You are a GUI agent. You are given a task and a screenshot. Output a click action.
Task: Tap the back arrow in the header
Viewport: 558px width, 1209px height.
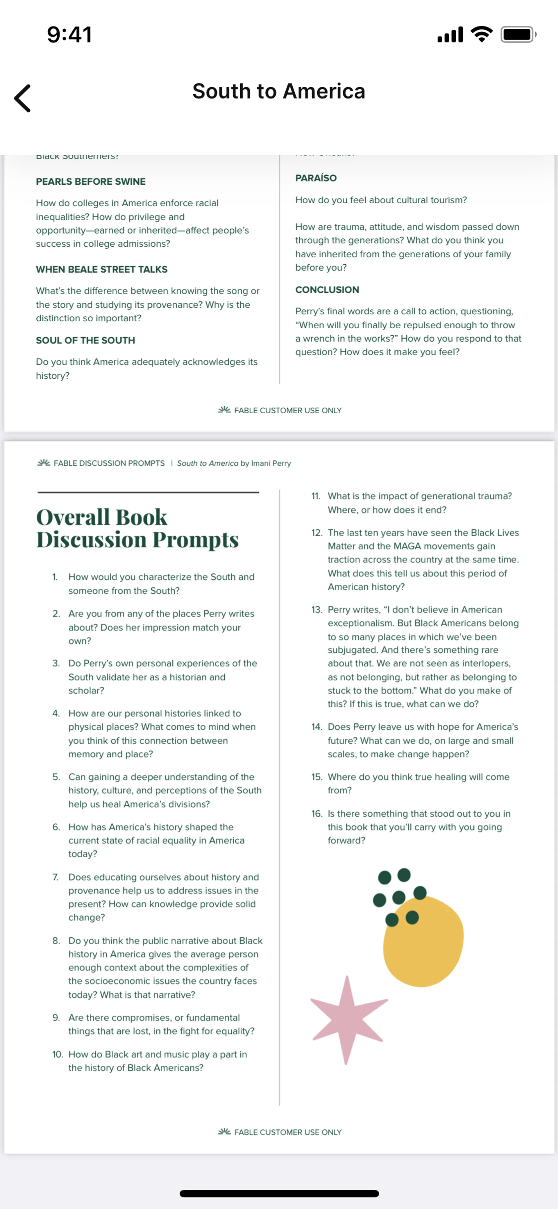[x=22, y=99]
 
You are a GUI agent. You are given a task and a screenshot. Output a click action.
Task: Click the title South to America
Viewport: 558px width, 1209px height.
[x=278, y=91]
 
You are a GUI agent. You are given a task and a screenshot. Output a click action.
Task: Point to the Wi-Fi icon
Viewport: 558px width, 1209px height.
[x=482, y=34]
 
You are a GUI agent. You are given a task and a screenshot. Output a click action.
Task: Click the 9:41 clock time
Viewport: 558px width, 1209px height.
[x=69, y=35]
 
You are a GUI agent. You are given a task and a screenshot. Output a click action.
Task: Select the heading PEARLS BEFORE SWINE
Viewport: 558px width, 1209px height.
[x=90, y=182]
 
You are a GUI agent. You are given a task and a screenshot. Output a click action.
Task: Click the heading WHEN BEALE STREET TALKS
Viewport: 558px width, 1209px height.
[x=101, y=269]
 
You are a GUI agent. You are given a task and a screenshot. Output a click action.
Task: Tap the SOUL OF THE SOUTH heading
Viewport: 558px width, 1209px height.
[x=85, y=340]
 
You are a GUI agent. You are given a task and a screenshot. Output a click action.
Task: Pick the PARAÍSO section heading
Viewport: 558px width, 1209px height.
[x=316, y=178]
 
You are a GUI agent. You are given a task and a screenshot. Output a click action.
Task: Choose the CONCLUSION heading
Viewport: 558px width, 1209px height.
[x=327, y=290]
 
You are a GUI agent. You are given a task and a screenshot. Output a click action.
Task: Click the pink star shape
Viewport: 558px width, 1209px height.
[x=348, y=1019]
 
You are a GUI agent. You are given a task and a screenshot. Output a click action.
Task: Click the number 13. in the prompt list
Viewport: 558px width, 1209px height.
[x=316, y=610]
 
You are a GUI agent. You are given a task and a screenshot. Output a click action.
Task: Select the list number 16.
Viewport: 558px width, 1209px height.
[x=316, y=813]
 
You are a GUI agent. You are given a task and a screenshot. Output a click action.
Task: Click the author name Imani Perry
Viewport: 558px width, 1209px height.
[x=271, y=463]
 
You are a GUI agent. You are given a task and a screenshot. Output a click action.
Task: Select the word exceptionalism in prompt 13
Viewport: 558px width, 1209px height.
[x=360, y=623]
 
